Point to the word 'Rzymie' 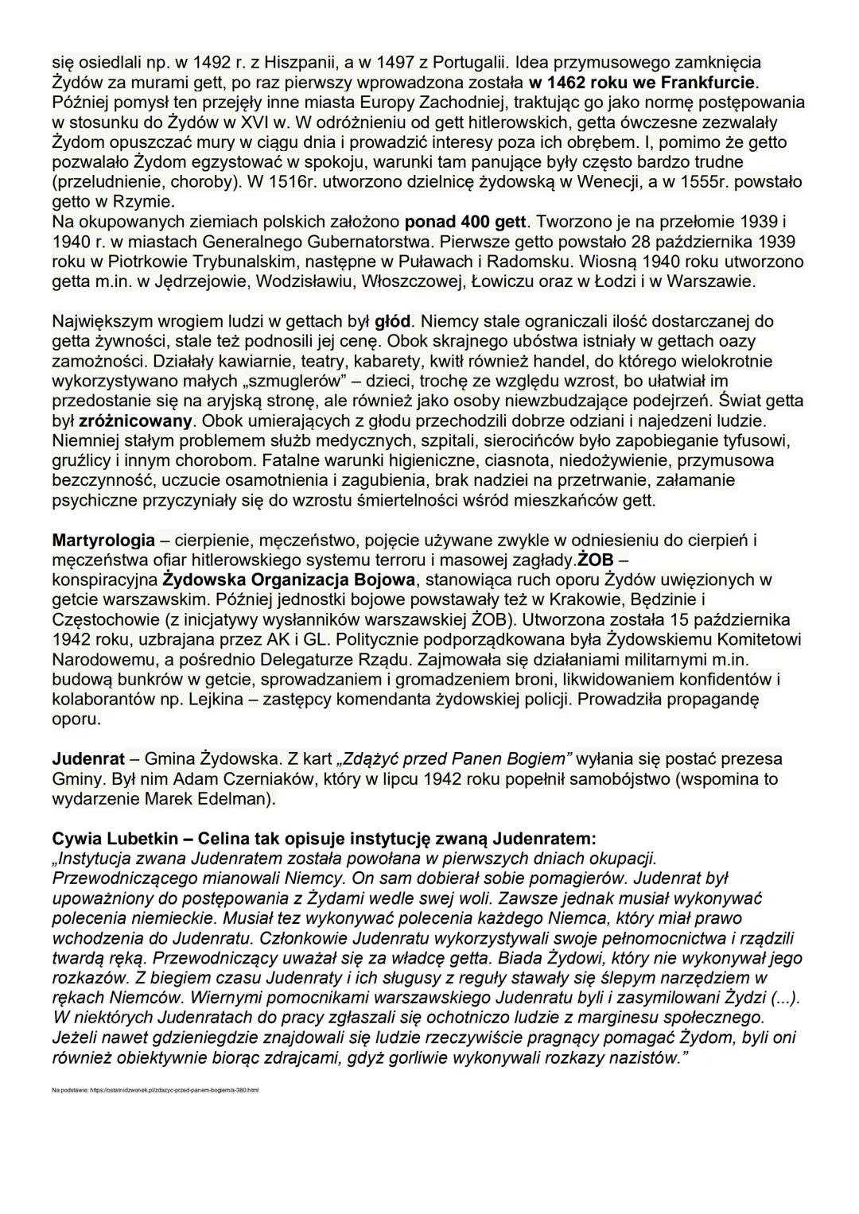coord(147,201)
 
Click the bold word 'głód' coord(394,321)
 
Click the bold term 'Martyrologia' coord(103,541)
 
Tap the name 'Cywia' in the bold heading coord(76,839)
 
